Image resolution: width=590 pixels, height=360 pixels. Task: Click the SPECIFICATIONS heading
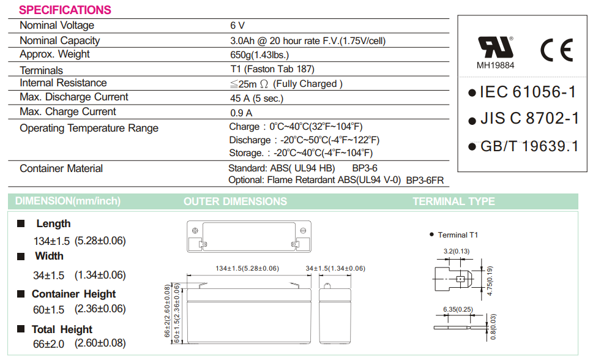click(x=65, y=10)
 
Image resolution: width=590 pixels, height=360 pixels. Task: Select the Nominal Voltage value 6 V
click(x=237, y=26)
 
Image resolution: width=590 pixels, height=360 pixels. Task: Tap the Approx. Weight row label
click(x=54, y=54)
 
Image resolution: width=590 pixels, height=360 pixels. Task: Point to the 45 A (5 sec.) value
click(x=256, y=98)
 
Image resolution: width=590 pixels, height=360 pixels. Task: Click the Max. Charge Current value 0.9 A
click(x=241, y=113)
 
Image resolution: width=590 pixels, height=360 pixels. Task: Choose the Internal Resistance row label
click(x=63, y=83)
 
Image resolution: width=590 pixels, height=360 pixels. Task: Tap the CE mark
click(x=556, y=50)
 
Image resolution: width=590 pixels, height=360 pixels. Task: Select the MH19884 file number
click(x=495, y=65)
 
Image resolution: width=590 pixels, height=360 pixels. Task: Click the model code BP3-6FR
click(x=425, y=180)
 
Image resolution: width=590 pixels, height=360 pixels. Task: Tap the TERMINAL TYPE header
click(x=454, y=201)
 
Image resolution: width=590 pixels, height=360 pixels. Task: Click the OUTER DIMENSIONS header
click(x=235, y=201)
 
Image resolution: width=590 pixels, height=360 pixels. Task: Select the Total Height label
click(x=62, y=329)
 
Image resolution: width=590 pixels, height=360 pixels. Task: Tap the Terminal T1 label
click(x=458, y=235)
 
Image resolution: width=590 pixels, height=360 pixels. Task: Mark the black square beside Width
click(x=21, y=256)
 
